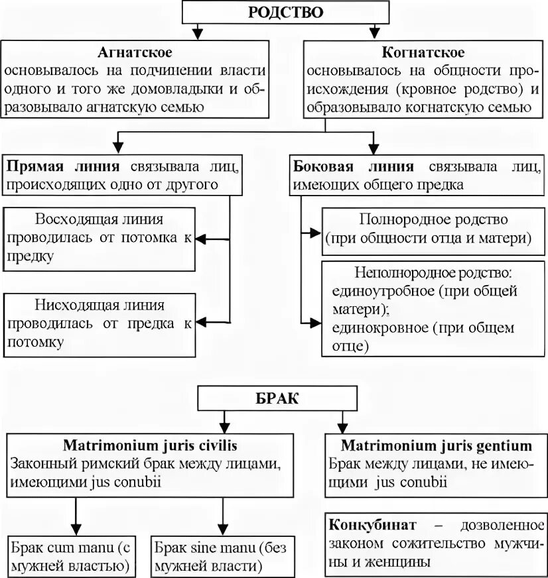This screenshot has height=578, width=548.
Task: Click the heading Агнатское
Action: [135, 52]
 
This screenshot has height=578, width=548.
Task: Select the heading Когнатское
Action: [423, 52]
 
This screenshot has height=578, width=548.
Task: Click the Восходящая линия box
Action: [100, 238]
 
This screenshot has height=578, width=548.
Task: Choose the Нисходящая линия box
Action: [100, 323]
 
